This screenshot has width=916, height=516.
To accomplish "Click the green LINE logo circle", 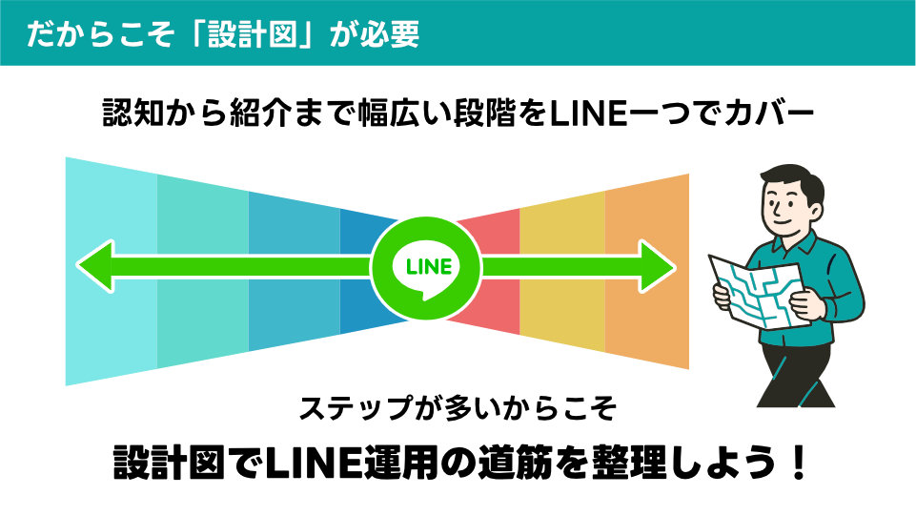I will coord(428,265).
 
